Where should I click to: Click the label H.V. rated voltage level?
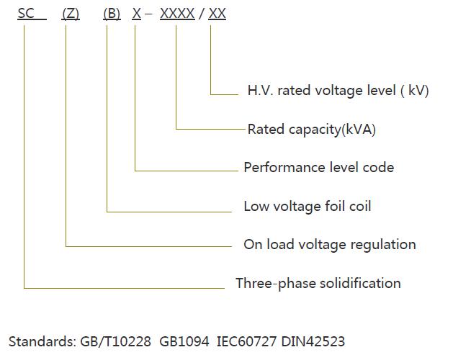[x=338, y=91]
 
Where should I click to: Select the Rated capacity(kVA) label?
[x=311, y=130]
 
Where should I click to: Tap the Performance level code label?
[x=318, y=168]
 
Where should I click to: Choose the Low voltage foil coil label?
[x=307, y=207]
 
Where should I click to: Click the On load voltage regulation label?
[x=329, y=245]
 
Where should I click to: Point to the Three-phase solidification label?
[x=318, y=283]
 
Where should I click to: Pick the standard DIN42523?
[x=314, y=341]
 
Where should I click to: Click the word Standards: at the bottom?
[x=41, y=341]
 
